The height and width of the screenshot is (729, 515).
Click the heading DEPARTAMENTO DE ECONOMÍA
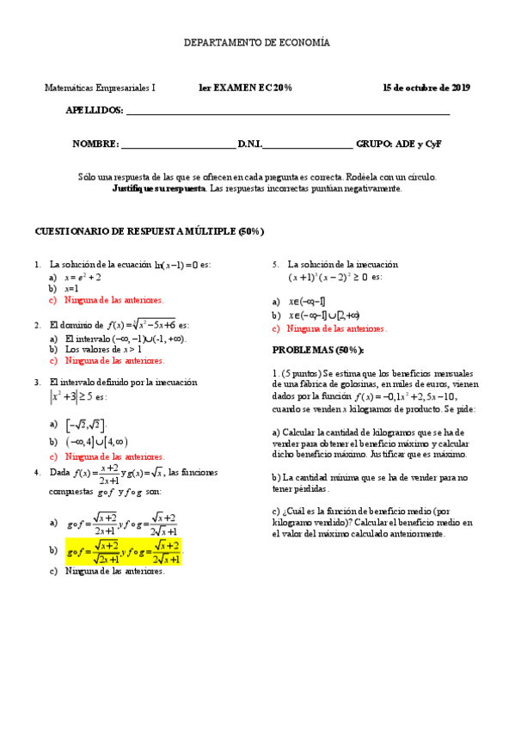point(257,42)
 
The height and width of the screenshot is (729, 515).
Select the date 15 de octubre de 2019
point(426,88)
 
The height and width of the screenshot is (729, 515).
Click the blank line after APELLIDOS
point(288,112)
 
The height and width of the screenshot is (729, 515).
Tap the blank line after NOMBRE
point(178,145)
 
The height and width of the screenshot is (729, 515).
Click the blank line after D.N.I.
point(307,145)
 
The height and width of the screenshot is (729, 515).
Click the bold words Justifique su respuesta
point(159,187)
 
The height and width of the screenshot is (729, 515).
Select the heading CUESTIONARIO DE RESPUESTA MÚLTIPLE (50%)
point(148,232)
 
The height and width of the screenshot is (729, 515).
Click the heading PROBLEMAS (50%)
point(318,351)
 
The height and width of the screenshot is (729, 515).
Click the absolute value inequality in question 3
point(77,397)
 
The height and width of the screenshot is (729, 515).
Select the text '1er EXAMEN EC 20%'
point(245,88)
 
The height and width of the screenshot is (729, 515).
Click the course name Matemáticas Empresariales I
point(100,88)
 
